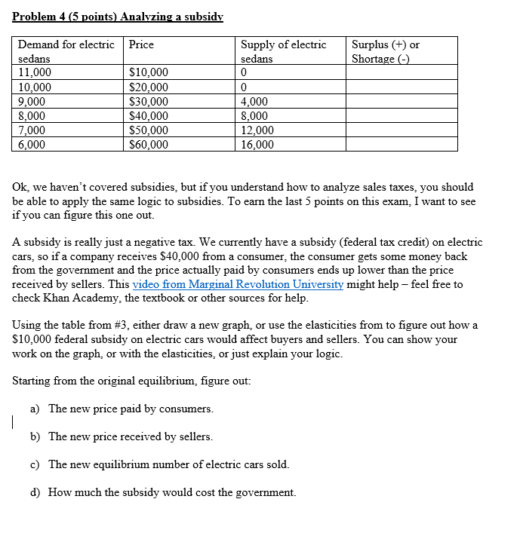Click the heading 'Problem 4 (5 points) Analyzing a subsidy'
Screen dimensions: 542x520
point(118,16)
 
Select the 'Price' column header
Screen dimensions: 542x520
point(141,44)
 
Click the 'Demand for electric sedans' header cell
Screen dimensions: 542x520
point(66,51)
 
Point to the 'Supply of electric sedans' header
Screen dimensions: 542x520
point(283,51)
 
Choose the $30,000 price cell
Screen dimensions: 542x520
point(149,102)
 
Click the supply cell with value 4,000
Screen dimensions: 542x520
point(254,102)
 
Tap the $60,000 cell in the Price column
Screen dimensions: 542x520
point(149,145)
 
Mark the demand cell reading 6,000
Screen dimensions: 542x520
point(32,145)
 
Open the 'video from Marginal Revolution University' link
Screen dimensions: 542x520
point(238,284)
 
